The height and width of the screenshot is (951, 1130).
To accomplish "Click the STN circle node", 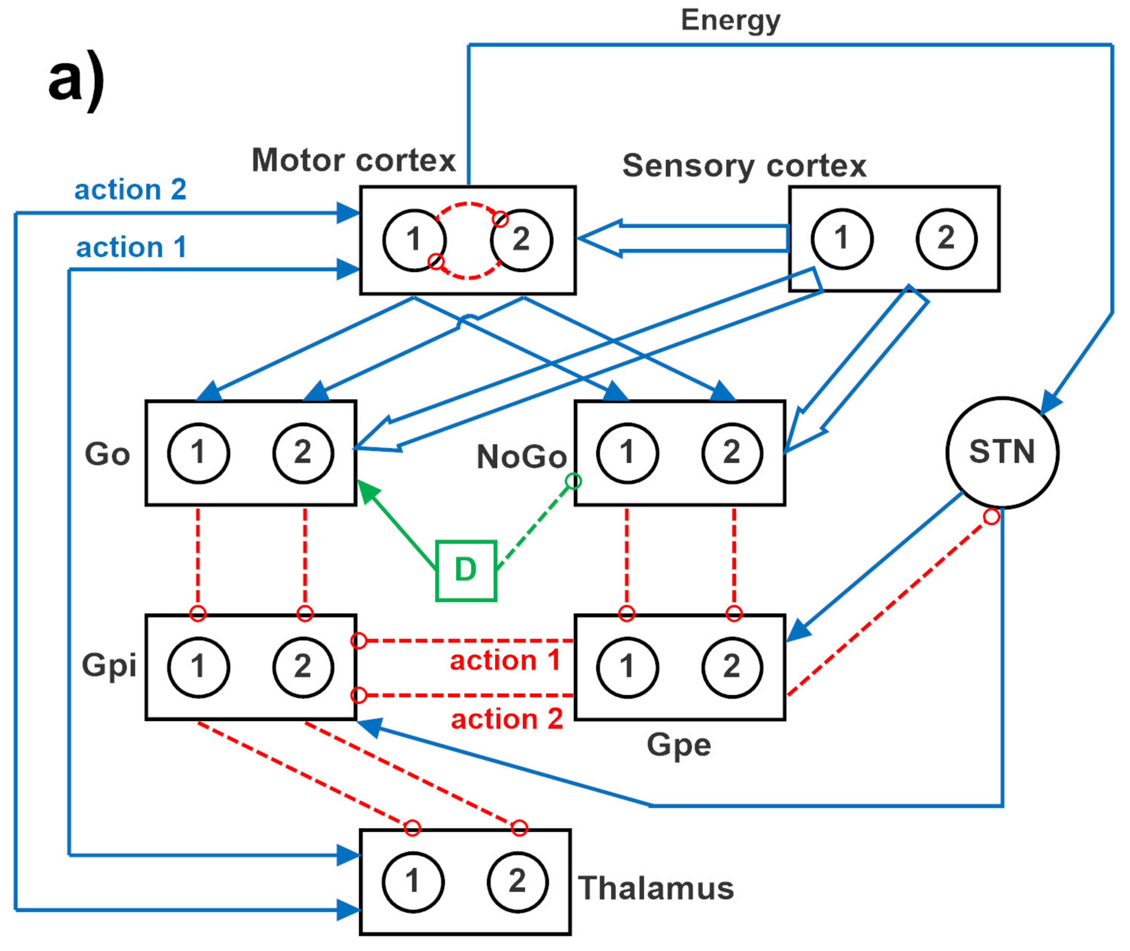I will [x=1002, y=452].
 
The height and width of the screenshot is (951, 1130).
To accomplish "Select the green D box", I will [x=466, y=570].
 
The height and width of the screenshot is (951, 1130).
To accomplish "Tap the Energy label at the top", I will [x=731, y=21].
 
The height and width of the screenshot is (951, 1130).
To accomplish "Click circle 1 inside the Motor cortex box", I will [x=414, y=240].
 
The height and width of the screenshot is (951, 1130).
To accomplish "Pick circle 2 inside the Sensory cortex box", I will [x=946, y=239].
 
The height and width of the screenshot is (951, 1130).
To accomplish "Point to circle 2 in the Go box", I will [x=303, y=453].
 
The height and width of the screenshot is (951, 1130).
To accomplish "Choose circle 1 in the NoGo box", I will [x=627, y=453].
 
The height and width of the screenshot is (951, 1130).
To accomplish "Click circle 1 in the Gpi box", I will [x=198, y=667].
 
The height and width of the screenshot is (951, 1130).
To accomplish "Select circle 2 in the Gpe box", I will [x=732, y=667].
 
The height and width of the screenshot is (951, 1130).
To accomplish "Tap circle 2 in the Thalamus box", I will [x=518, y=881].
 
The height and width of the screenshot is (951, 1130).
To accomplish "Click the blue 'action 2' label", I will [x=131, y=190].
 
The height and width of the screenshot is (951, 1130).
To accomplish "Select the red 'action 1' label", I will [x=505, y=661].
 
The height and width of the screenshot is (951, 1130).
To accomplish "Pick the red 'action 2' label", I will [x=507, y=719].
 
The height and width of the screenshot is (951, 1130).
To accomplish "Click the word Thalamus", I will [x=655, y=888].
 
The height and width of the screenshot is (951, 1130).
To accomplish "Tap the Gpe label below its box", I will [x=679, y=746].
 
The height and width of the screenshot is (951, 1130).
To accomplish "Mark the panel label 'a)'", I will [x=77, y=81].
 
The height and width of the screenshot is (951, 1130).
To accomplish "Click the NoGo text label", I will [x=521, y=457].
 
